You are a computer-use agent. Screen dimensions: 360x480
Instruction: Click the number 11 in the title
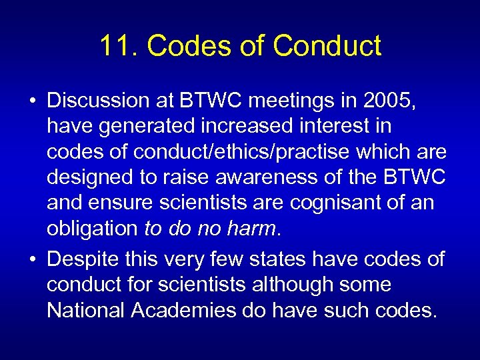coord(115,46)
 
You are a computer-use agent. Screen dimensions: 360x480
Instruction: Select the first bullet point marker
coord(33,101)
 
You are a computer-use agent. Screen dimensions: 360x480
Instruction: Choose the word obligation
coord(91,228)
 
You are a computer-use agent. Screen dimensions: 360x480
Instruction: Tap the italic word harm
coord(251,228)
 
